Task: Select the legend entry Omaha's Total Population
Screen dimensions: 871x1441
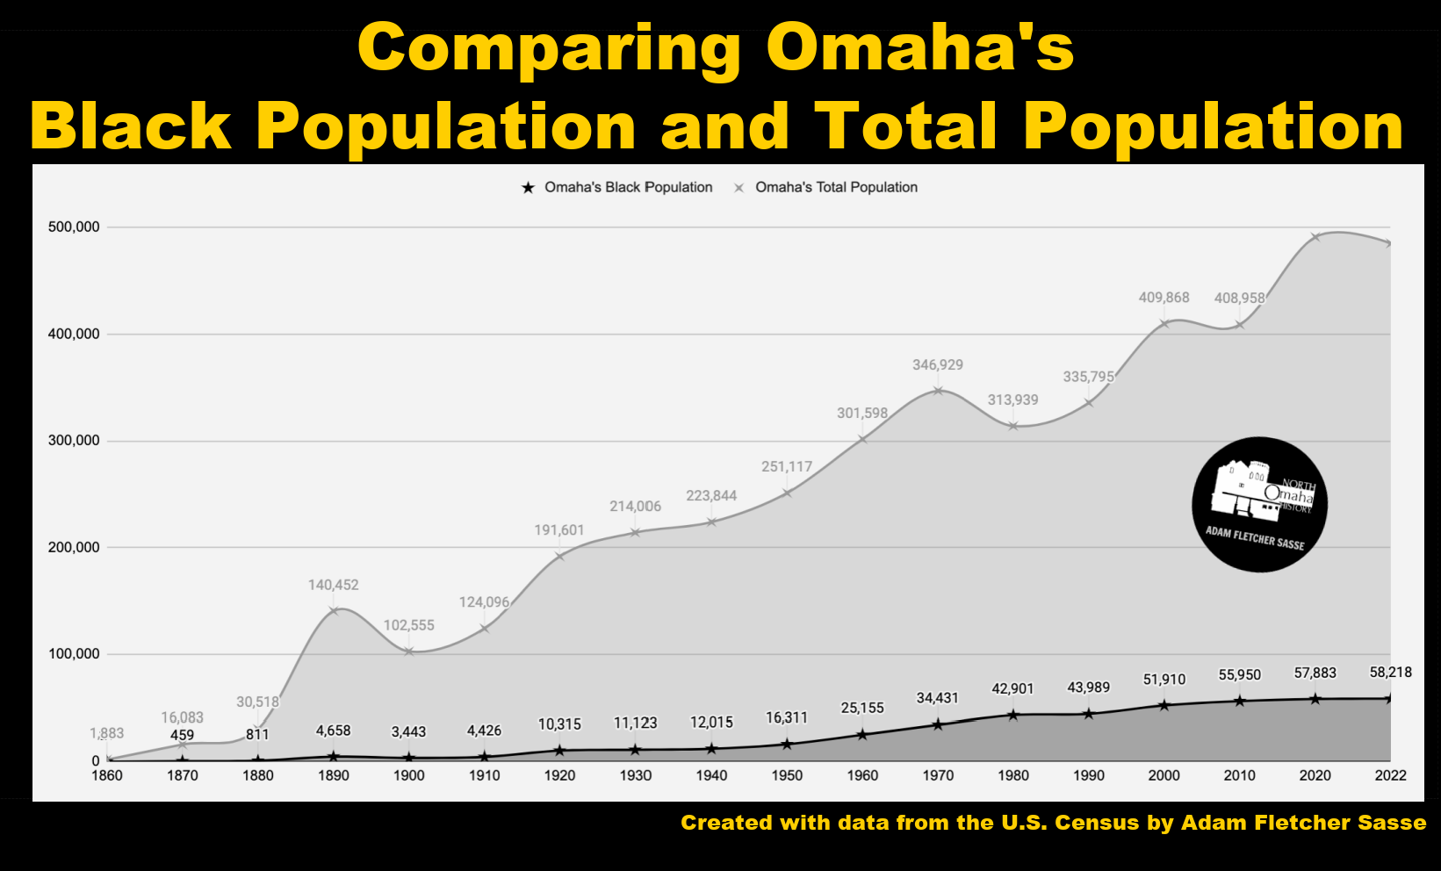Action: click(x=835, y=187)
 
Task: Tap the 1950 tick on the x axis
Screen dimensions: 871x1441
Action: click(x=787, y=775)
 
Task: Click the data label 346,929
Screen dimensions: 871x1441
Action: click(x=938, y=364)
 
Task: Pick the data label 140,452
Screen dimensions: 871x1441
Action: click(x=333, y=585)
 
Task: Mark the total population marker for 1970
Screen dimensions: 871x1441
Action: click(x=938, y=391)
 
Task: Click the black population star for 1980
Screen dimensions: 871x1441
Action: click(x=1013, y=715)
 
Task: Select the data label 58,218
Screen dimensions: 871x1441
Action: click(x=1391, y=673)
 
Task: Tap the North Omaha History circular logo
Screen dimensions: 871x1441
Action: click(x=1259, y=505)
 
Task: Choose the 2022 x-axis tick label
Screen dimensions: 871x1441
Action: click(x=1391, y=775)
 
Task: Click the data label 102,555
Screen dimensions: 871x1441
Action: click(x=408, y=625)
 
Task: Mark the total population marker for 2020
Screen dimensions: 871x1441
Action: click(x=1315, y=236)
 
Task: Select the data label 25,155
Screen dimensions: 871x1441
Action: click(x=862, y=708)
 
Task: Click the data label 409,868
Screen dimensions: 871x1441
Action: click(x=1164, y=298)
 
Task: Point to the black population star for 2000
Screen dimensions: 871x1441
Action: click(x=1164, y=705)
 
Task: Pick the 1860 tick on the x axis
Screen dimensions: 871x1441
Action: click(x=107, y=775)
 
